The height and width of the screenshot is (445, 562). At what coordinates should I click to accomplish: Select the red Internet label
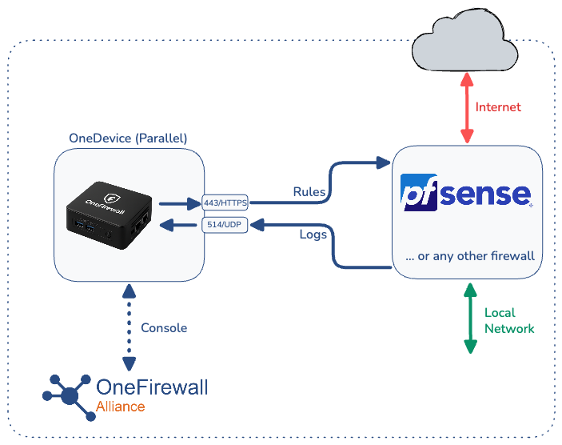(498, 107)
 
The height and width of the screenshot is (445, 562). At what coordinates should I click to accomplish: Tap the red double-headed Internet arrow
(467, 107)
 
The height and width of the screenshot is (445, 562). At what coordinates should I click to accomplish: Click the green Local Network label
(509, 320)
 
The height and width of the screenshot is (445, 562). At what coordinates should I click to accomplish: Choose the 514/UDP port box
(225, 226)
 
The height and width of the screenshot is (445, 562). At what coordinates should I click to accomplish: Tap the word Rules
(309, 192)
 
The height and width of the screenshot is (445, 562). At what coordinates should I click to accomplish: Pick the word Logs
(313, 235)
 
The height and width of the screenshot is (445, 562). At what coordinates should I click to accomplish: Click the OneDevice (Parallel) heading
(128, 138)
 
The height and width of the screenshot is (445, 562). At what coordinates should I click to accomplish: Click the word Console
(164, 328)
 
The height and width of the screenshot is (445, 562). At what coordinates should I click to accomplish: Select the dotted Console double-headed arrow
(128, 327)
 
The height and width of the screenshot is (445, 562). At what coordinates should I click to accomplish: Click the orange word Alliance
(121, 407)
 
